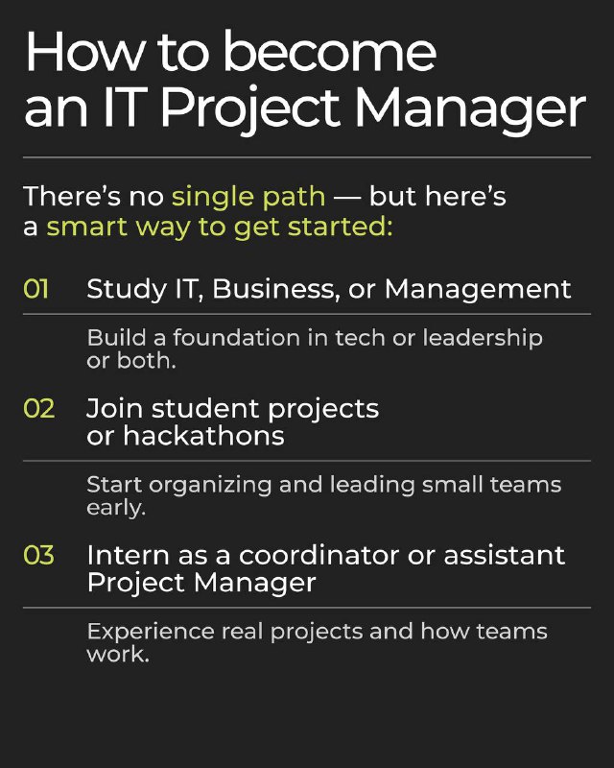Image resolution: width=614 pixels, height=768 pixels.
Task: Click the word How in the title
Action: (86, 52)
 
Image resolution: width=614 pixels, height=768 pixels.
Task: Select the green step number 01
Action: (35, 289)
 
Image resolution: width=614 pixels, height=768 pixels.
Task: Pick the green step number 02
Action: (38, 409)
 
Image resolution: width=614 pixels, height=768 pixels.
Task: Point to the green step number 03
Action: (38, 555)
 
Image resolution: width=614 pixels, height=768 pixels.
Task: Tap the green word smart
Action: (87, 228)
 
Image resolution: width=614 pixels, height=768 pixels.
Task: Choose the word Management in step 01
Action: (478, 290)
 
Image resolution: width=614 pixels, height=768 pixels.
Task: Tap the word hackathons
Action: (203, 436)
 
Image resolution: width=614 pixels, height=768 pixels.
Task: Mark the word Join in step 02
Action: (114, 409)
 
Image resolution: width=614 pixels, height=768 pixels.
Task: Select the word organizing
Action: (210, 486)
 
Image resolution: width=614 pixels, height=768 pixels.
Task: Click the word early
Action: (116, 509)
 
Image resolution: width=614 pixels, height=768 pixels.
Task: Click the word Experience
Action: (151, 633)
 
